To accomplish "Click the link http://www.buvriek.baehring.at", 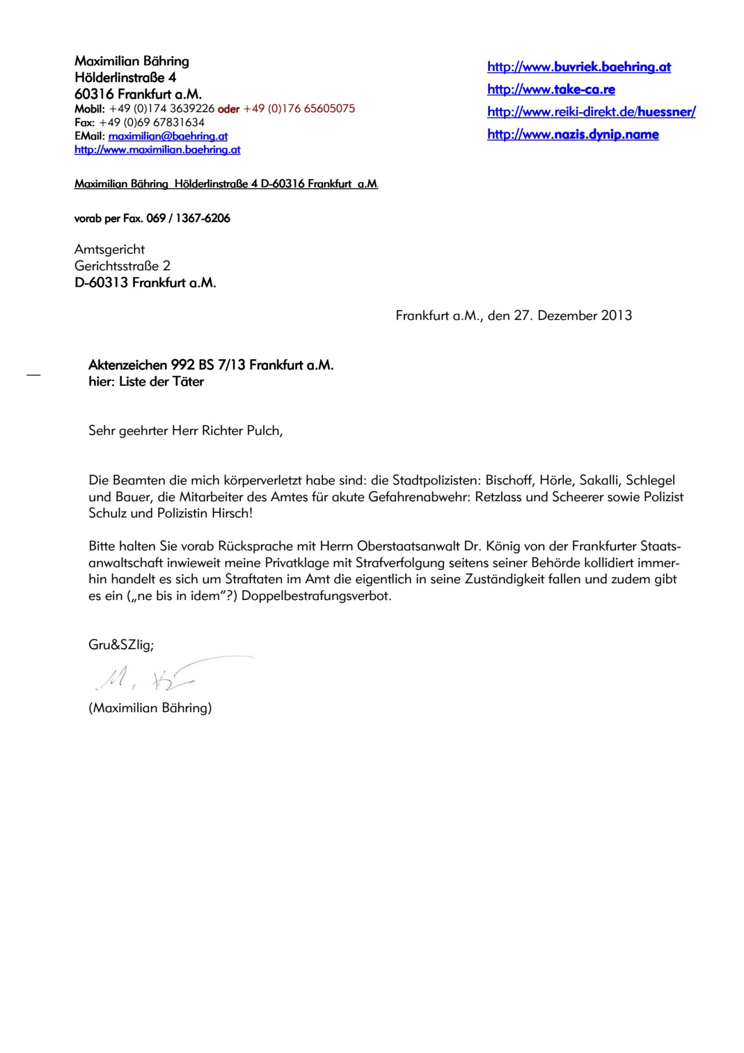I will [579, 67].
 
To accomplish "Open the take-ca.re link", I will [551, 90].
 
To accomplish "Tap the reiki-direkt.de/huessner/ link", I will [591, 112].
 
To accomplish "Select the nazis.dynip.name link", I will [573, 134].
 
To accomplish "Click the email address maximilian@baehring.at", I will [168, 136].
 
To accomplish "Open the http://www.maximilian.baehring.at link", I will [157, 149].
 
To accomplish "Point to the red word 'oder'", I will [228, 109].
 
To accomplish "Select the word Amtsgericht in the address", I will [109, 249].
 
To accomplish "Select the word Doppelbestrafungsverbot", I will [316, 596].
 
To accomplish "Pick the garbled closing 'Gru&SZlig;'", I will [121, 645].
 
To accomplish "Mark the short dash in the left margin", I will [33, 375].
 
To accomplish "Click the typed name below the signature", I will [150, 708].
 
